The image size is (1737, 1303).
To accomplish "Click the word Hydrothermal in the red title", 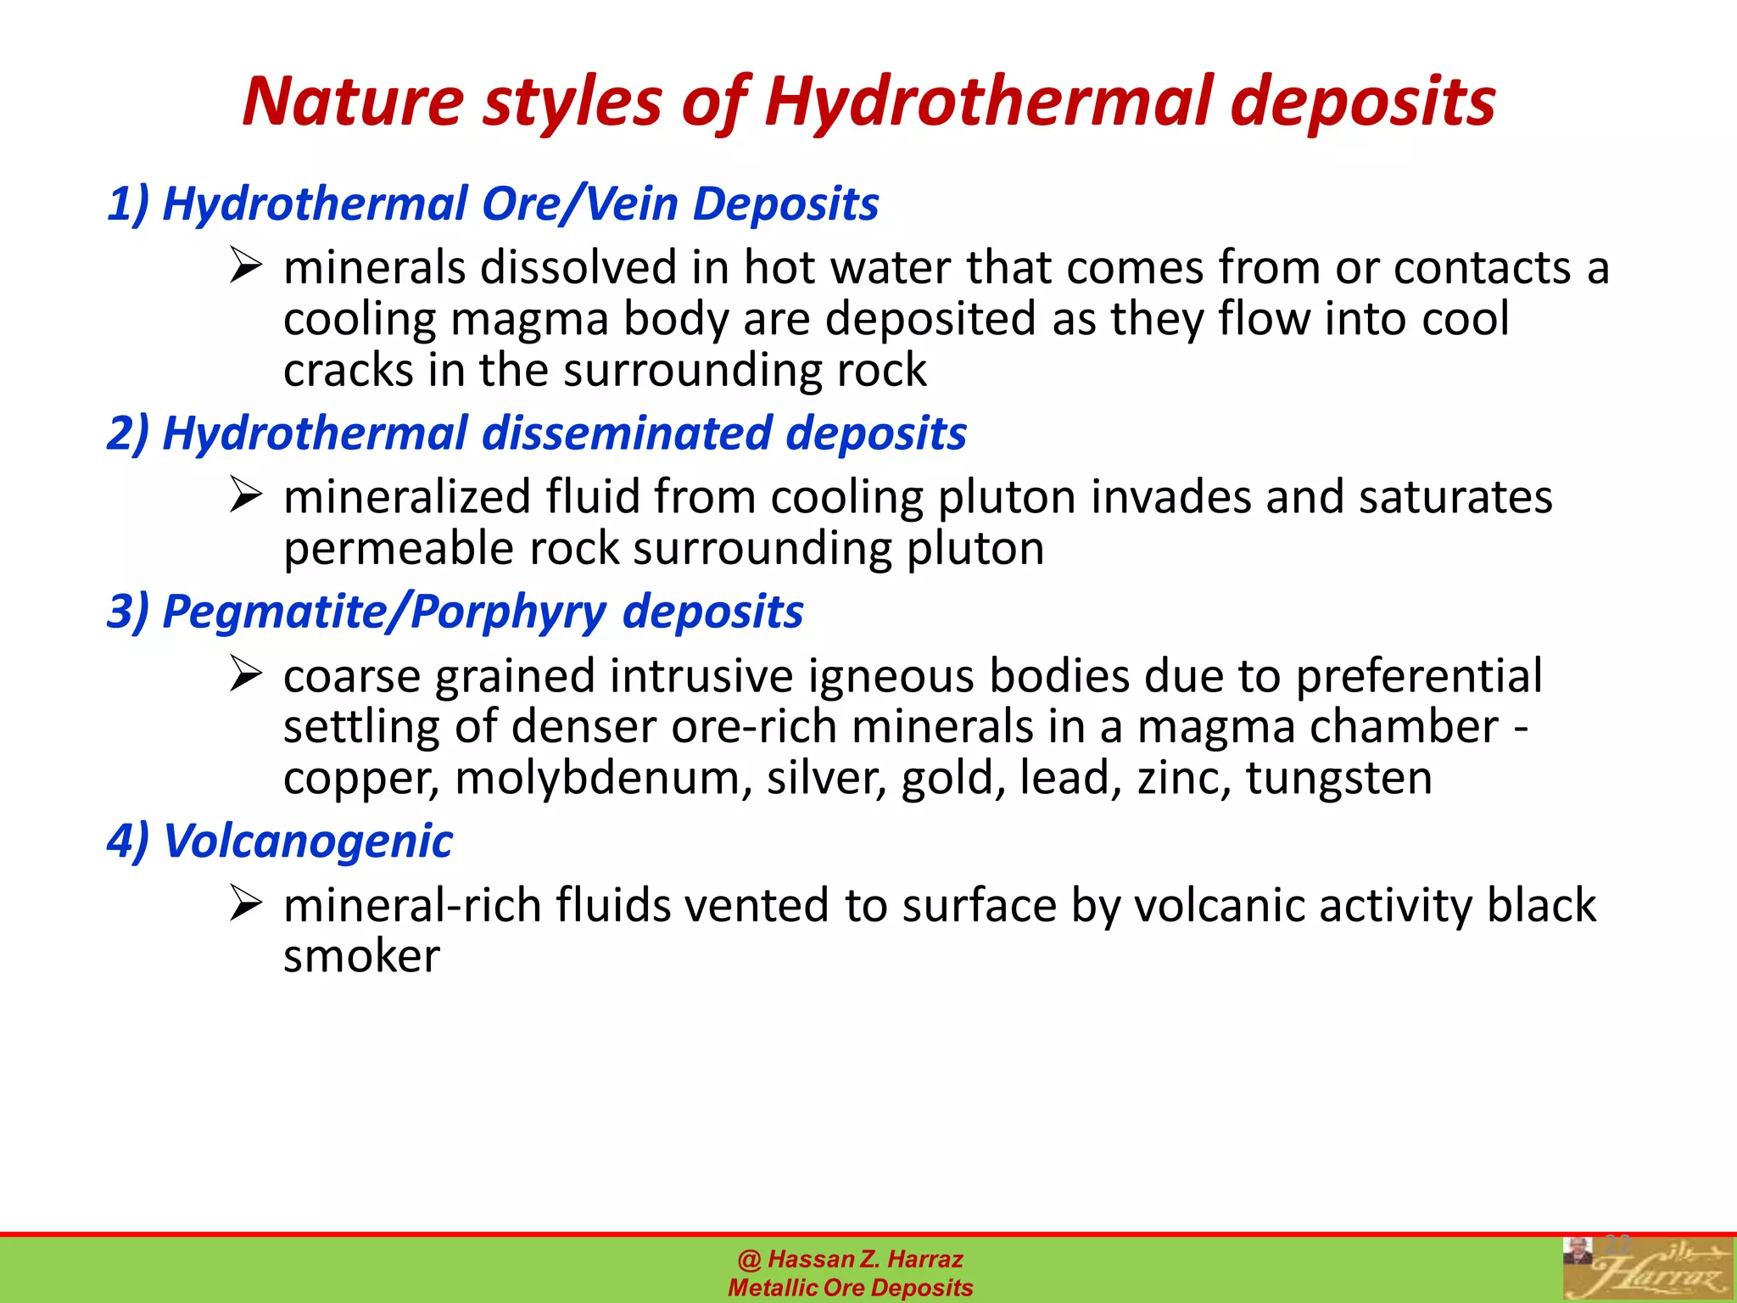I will (x=989, y=102).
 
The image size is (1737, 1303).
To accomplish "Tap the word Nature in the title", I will (x=353, y=102).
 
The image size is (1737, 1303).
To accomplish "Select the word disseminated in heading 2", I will (x=627, y=433).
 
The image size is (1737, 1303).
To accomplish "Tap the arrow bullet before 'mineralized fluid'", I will (x=245, y=495).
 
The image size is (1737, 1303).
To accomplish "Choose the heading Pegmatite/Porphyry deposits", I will (x=455, y=612).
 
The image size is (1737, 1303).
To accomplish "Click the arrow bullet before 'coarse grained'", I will (x=245, y=675).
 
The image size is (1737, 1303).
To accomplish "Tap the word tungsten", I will (x=1338, y=779).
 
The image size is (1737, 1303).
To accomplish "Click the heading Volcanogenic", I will (x=280, y=842).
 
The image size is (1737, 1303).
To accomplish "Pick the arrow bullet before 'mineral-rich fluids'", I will (x=245, y=904).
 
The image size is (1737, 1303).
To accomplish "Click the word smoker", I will (x=361, y=957).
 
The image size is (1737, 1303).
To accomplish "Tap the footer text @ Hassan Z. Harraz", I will (x=850, y=1259).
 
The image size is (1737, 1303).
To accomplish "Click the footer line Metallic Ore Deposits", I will (x=850, y=1288).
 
